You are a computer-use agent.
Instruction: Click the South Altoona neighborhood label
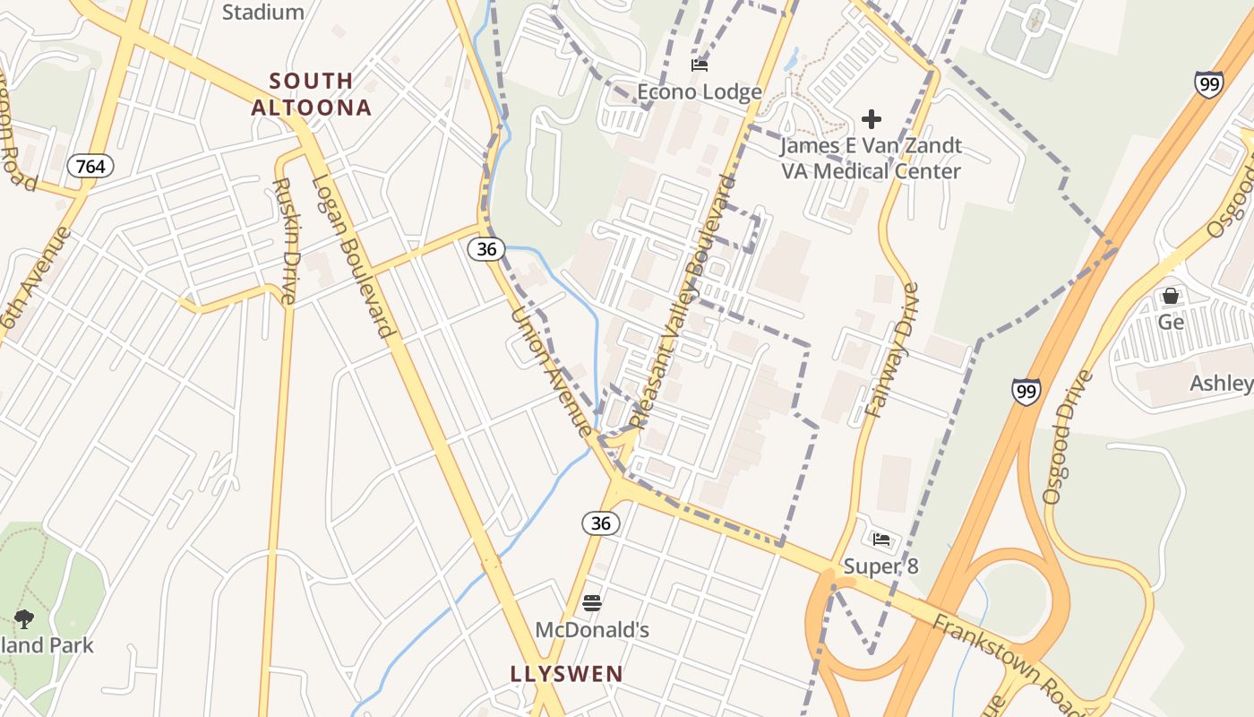[311, 94]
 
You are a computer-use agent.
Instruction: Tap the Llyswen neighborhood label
[566, 674]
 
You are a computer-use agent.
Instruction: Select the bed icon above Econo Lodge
[699, 65]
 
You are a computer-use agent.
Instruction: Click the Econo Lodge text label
[700, 91]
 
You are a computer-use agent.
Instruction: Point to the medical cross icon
[871, 119]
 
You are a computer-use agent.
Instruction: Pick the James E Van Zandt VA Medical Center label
[871, 158]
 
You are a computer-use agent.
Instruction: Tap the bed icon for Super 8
[881, 540]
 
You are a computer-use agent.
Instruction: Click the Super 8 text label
[881, 566]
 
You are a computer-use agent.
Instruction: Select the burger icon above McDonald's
[591, 603]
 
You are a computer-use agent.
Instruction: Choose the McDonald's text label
[592, 630]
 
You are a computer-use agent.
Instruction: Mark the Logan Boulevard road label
[353, 256]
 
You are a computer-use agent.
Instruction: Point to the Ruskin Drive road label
[284, 242]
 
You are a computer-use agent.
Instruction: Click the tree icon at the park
[24, 618]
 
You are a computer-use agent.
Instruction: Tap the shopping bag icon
[1170, 296]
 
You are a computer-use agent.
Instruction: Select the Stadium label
[263, 13]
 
